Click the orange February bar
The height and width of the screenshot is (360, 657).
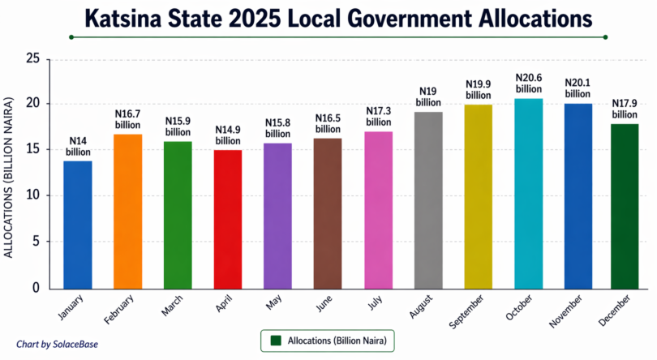(128, 211)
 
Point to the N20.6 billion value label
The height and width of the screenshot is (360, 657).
(529, 84)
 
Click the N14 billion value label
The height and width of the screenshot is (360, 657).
(78, 147)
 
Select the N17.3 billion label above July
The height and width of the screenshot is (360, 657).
(379, 117)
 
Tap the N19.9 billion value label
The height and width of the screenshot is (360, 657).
(479, 89)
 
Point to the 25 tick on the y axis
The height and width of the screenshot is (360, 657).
(32, 58)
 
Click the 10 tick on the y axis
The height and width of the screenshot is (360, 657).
(32, 195)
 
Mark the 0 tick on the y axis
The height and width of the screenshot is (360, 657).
(36, 288)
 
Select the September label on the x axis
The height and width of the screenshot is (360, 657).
(468, 313)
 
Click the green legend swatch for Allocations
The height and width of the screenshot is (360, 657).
(277, 341)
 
